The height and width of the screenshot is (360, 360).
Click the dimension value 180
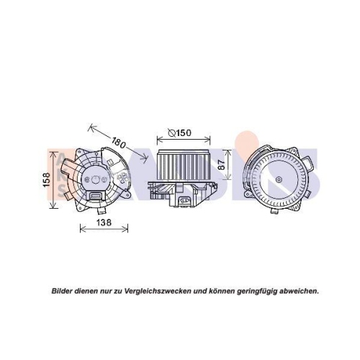pyautogui.click(x=119, y=143)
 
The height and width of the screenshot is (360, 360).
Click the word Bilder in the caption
pyautogui.click(x=63, y=290)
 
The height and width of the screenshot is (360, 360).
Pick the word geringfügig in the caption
pyautogui.click(x=248, y=290)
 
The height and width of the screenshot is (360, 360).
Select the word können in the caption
pyautogui.click(x=214, y=290)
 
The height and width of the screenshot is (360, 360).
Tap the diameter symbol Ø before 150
pyautogui.click(x=171, y=132)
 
